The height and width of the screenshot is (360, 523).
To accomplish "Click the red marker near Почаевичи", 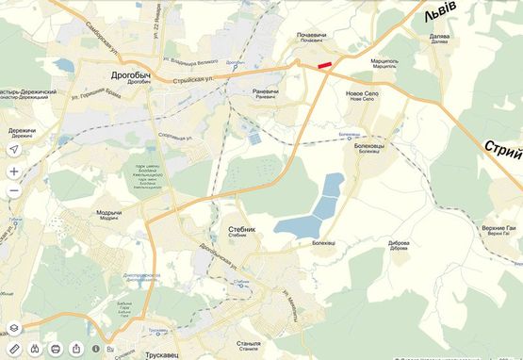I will (x=325, y=65).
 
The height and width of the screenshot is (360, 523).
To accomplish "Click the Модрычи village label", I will (x=108, y=212).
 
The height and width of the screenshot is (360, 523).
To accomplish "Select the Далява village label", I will (x=439, y=36).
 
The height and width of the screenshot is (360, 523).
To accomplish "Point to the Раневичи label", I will (x=266, y=91).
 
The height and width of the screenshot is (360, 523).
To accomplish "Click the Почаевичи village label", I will (x=311, y=36).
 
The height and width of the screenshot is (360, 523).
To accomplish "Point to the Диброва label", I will (x=399, y=242).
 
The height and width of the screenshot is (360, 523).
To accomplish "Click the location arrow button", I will (x=14, y=150).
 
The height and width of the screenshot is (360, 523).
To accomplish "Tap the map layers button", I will (x=14, y=328).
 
